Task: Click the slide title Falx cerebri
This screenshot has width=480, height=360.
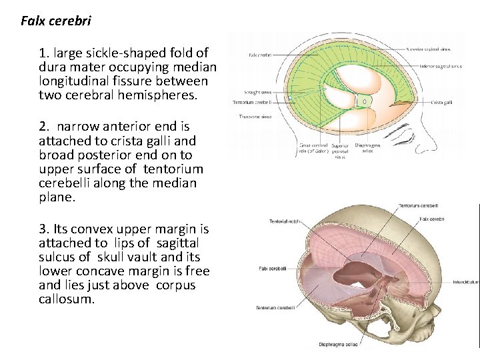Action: (x=56, y=21)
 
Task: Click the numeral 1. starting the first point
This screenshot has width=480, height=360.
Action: (x=44, y=52)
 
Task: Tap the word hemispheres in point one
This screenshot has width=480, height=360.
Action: (x=164, y=95)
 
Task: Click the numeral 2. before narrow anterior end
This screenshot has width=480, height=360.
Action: (x=44, y=126)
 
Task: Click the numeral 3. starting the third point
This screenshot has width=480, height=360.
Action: (x=44, y=229)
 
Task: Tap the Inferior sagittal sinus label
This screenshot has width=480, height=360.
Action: (x=441, y=67)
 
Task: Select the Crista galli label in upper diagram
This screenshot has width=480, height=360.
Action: (x=441, y=102)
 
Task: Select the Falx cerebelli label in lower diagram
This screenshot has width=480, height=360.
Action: (x=273, y=269)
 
